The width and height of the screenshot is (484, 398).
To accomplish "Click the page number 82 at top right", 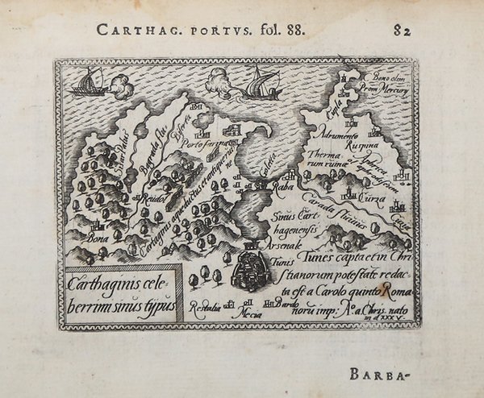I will point(402,31).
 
